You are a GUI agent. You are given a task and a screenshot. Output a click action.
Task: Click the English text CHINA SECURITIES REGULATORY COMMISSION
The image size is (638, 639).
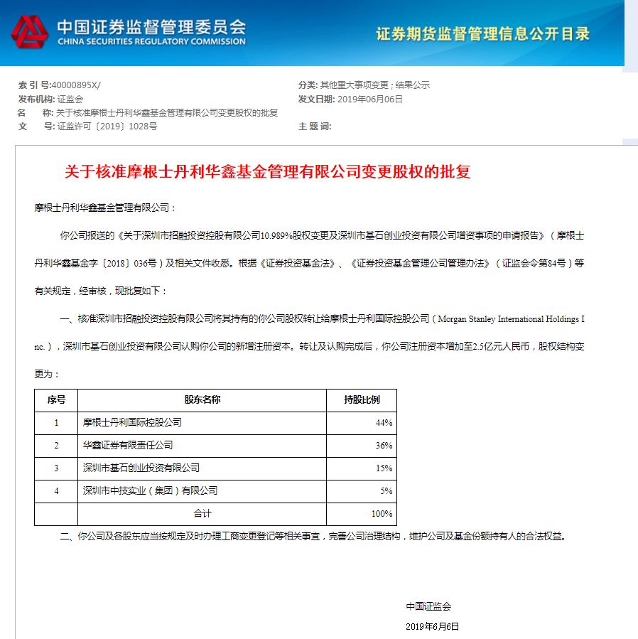coord(151,42)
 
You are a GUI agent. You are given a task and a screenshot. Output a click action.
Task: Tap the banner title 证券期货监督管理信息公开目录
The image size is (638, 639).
coord(482,33)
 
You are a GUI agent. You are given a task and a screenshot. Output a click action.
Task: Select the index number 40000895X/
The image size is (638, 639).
coord(76,85)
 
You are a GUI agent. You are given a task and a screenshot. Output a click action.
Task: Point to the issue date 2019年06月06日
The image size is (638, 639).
coord(369,99)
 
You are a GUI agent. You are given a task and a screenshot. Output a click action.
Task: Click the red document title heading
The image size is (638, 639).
coord(268,172)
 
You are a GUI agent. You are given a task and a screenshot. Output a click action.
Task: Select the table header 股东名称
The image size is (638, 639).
coord(202,399)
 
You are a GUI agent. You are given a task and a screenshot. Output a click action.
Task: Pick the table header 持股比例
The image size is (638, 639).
coord(361,399)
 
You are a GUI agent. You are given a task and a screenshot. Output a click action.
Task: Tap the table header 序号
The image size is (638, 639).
coord(56,399)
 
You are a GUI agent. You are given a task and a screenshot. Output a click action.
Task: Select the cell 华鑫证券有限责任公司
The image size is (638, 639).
coord(128,446)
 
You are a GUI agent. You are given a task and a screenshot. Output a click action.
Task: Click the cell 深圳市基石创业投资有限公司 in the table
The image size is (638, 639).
coord(141,468)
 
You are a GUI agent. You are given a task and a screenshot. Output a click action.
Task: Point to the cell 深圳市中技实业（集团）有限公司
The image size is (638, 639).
coord(150,490)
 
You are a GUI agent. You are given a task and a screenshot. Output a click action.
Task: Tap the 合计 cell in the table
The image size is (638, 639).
coord(202,513)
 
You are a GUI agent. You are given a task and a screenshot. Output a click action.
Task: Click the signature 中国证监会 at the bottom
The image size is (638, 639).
coord(428,606)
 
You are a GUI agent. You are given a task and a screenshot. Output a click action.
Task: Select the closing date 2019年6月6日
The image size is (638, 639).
coord(432,626)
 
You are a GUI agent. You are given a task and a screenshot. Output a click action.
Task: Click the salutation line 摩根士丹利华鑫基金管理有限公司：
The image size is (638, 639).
coord(104,208)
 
